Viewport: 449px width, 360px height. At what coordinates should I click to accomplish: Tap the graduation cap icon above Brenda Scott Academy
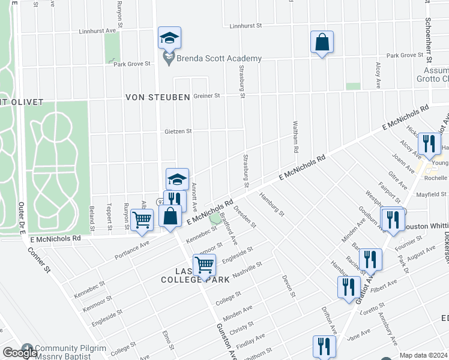169,38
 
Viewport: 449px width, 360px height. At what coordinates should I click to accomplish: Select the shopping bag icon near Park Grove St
322,42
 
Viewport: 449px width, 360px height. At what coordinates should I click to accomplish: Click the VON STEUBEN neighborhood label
158,97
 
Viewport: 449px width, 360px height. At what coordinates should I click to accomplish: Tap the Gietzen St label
178,131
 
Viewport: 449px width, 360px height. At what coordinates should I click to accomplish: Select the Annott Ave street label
195,197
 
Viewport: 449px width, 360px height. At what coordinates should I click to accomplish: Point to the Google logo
20,353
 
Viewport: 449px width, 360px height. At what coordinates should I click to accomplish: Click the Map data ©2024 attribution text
423,355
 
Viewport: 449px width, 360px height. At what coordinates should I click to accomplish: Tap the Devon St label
289,286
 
